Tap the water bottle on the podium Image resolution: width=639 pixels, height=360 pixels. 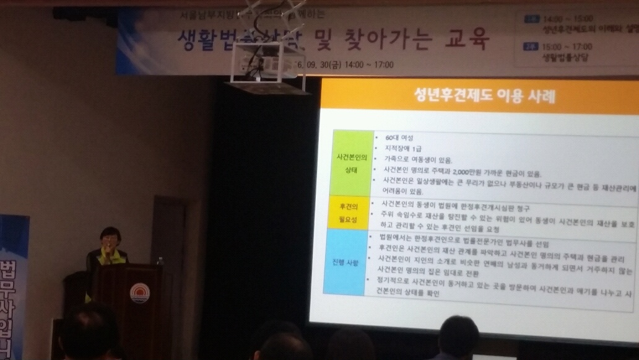point(160,261)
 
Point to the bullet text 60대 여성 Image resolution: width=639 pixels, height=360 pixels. point(399,137)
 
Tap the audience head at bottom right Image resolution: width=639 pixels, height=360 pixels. point(458,338)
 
